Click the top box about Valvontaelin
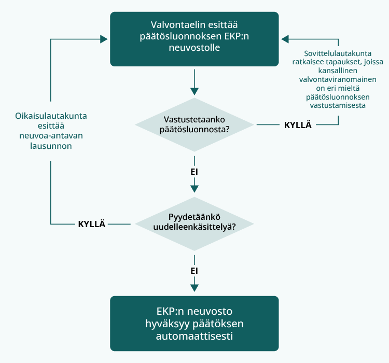click(194, 39)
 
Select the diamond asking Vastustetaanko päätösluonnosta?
click(194, 124)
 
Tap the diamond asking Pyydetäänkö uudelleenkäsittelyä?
click(194, 224)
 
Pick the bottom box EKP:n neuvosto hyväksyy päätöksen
click(194, 324)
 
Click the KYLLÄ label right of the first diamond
click(298, 125)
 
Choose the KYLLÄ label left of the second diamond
click(92, 224)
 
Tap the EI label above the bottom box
click(195, 271)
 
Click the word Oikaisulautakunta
click(51, 116)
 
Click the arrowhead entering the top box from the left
click(104, 39)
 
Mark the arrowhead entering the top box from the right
click(285, 39)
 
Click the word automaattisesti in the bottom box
click(194, 336)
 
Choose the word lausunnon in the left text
click(51, 146)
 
